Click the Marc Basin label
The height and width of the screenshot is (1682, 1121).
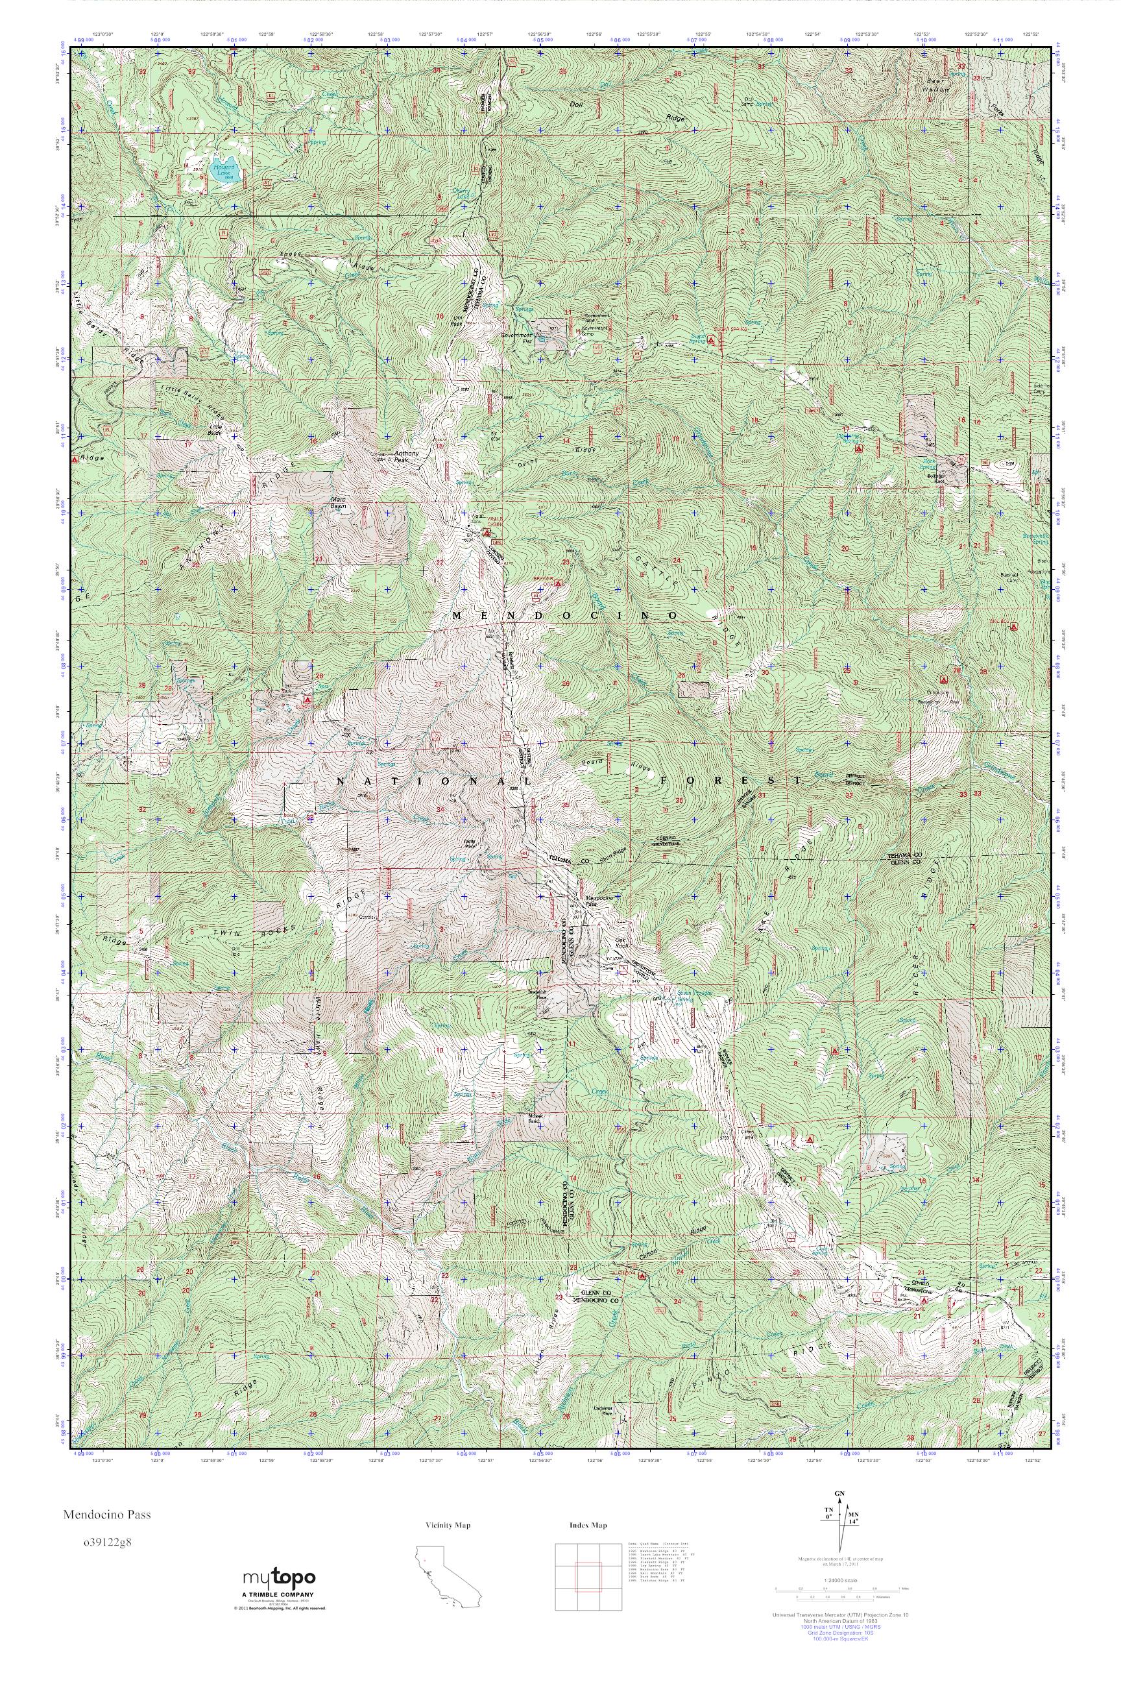click(338, 502)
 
